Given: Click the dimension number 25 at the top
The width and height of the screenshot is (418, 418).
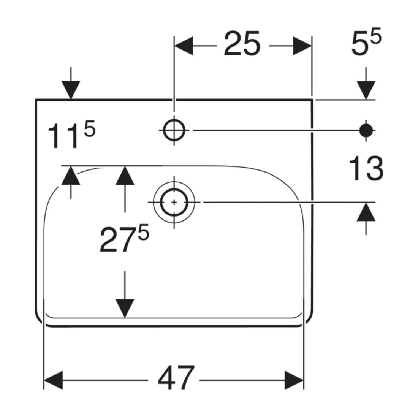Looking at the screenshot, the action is (x=242, y=43).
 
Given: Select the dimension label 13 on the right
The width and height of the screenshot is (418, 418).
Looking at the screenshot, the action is (x=366, y=168).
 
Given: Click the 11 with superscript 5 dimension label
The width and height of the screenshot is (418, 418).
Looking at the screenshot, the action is (x=71, y=136).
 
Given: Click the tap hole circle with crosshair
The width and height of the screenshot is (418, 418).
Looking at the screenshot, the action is (x=174, y=130).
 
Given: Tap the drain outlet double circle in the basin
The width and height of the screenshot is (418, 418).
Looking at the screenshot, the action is (x=174, y=202).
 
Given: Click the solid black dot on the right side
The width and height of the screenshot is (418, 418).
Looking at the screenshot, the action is (x=366, y=130).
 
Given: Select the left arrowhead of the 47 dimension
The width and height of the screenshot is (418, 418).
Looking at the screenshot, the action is (x=53, y=380).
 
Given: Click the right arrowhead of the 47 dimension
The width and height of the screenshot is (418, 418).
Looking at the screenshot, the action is (x=294, y=380).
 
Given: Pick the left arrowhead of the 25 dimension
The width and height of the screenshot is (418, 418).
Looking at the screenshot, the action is (x=184, y=46).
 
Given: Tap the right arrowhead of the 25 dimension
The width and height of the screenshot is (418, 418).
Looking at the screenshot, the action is (x=302, y=46).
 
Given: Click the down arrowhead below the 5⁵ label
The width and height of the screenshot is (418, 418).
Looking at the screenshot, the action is (x=366, y=90).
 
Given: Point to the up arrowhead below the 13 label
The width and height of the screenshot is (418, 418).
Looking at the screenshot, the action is (x=366, y=212).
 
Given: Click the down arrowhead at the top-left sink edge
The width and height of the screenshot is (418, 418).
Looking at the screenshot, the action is (x=71, y=90).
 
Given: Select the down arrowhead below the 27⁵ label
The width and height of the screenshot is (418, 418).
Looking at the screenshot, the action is (x=125, y=309).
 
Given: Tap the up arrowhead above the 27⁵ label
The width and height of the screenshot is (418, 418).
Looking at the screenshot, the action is (x=125, y=175).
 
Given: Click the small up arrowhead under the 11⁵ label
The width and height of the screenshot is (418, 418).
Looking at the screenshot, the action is (x=71, y=175).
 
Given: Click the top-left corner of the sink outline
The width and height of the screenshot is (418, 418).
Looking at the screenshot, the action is (x=36, y=100).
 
